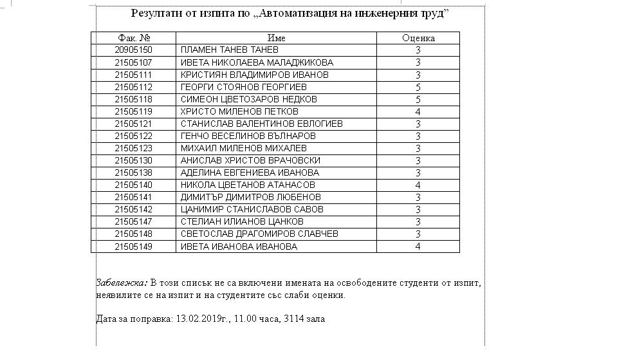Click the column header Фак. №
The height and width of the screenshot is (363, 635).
134,38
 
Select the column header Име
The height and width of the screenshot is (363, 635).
276,38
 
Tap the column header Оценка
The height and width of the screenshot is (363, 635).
418,38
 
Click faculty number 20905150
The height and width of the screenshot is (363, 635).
134,50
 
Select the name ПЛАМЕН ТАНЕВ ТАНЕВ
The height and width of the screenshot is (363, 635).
230,50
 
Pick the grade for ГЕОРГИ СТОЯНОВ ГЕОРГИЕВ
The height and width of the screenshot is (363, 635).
418,87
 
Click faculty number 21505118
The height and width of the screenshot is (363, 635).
134,99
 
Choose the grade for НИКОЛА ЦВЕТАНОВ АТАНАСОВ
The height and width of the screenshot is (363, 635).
418,185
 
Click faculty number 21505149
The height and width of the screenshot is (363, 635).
134,247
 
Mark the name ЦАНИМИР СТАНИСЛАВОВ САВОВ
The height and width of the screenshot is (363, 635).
252,209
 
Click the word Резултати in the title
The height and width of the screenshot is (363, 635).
157,14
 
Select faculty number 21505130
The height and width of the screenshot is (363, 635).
134,160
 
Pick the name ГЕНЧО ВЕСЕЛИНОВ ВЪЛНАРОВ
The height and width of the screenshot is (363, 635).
248,136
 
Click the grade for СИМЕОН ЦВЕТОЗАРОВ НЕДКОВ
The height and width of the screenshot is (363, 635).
418,99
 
